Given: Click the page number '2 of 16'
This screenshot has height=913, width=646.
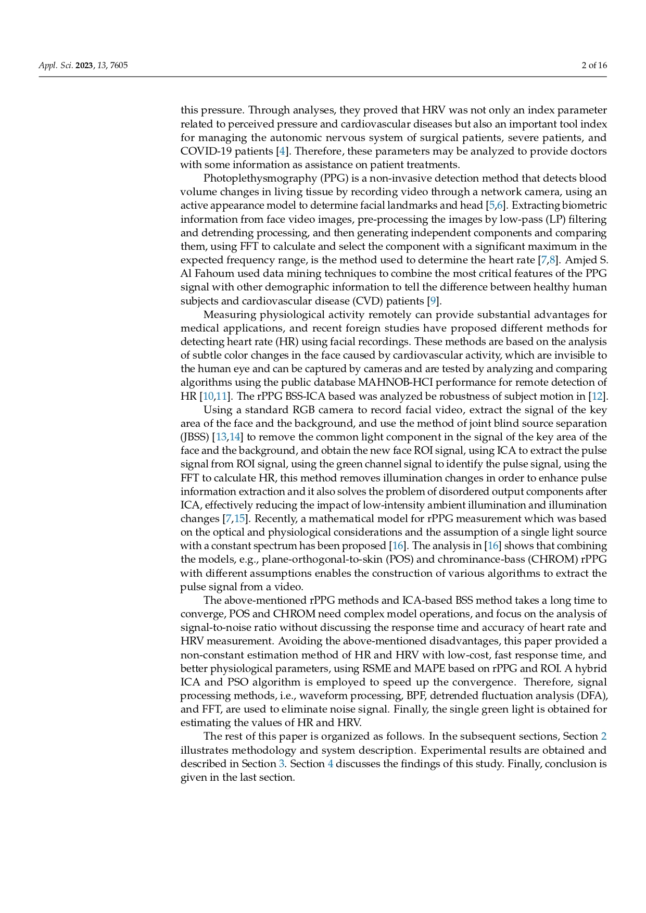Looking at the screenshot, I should [x=594, y=66].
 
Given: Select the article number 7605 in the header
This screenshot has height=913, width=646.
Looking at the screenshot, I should [x=119, y=66].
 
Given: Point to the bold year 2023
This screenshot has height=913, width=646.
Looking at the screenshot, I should [x=84, y=66].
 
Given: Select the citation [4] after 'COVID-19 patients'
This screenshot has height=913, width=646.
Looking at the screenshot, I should [x=282, y=151].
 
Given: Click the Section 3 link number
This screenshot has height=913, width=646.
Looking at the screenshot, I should [x=282, y=764].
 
